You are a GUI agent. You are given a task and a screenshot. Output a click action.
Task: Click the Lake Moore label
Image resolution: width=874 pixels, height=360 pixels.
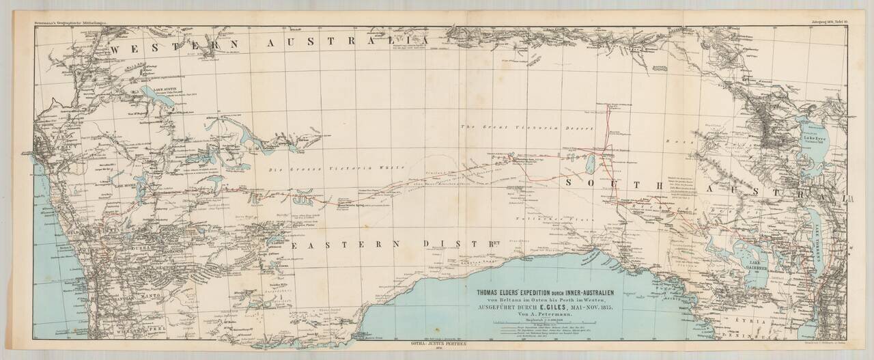[x=126, y=186]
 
